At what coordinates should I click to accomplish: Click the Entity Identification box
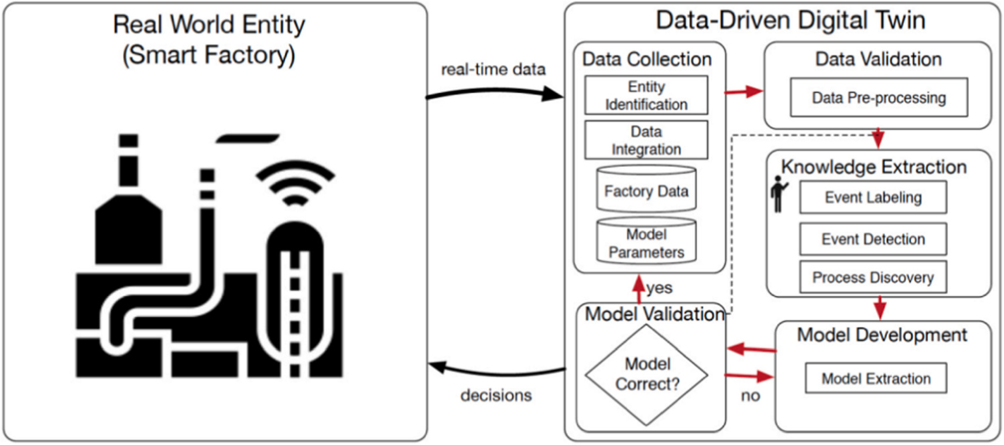(x=646, y=95)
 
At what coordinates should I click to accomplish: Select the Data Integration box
(x=646, y=140)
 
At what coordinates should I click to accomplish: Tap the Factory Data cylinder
(x=646, y=189)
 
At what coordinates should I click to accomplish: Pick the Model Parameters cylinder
(x=646, y=242)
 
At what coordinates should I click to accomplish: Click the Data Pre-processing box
(x=878, y=97)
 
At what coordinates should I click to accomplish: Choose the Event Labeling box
(x=872, y=197)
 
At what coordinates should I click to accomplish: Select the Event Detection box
(x=872, y=239)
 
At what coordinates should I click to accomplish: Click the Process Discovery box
(x=872, y=277)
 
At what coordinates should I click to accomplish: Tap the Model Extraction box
(x=876, y=378)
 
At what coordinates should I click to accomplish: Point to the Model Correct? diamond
(x=647, y=374)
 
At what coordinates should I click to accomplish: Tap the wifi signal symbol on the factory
(x=295, y=182)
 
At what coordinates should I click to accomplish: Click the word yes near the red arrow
(x=659, y=288)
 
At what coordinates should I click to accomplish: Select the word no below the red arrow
(x=750, y=396)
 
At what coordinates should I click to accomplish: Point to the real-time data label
(x=493, y=70)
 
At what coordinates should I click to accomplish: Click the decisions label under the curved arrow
(x=496, y=395)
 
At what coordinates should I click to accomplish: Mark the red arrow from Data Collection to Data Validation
(x=744, y=91)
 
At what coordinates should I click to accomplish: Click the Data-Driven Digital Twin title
(x=790, y=20)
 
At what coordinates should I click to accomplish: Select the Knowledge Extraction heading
(x=873, y=167)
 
